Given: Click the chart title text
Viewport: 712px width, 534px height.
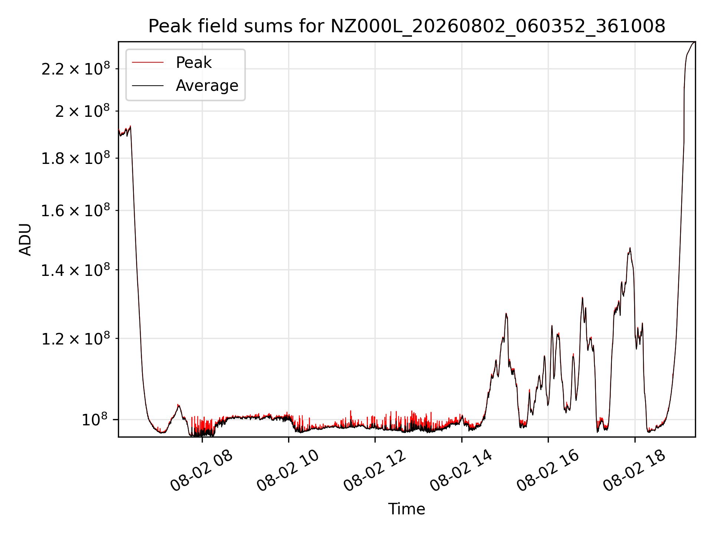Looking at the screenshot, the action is tap(407, 26).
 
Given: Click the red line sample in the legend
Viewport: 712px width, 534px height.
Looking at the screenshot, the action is tap(148, 63).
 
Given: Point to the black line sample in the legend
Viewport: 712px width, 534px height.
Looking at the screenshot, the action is tap(148, 86).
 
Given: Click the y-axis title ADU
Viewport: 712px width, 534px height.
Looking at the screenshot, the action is tap(25, 239).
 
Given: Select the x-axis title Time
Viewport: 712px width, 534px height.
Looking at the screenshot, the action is tap(406, 509).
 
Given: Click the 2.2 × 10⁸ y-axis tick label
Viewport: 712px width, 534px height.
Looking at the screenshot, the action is tap(76, 69).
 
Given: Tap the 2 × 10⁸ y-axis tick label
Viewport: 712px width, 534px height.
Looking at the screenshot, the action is tap(83, 111).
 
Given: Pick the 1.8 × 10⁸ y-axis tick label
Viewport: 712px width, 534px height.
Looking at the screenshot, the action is tap(76, 158).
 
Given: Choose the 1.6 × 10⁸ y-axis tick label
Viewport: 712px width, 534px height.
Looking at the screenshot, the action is tap(76, 210).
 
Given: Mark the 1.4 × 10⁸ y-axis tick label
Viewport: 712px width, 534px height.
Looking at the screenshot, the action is tap(76, 270).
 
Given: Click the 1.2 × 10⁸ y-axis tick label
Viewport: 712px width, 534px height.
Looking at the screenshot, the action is tap(76, 338).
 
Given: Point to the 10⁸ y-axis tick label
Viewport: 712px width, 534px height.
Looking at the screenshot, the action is tap(95, 419).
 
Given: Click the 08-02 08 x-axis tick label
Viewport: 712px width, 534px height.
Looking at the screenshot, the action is tap(201, 471).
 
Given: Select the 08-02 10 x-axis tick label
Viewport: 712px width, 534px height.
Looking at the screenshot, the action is tap(288, 471).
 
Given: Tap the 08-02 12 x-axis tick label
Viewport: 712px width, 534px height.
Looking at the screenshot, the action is tap(375, 471).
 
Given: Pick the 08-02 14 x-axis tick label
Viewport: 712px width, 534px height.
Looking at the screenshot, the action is tap(461, 471).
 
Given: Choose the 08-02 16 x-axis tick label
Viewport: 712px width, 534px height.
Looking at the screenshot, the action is tap(548, 471).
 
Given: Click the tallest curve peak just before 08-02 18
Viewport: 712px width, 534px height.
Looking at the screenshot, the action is tap(630, 248).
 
